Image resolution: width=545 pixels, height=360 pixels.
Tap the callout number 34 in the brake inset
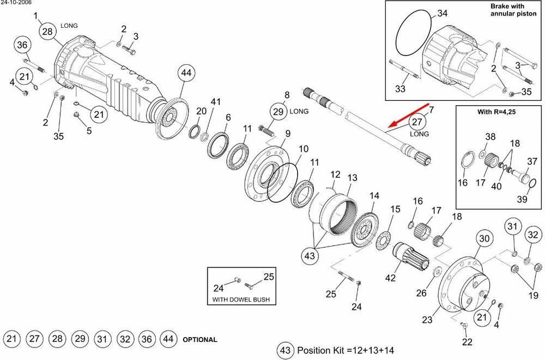tap(443, 13)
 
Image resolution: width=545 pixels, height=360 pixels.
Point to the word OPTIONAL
tap(199, 340)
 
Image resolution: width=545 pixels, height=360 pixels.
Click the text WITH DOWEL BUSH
tap(240, 299)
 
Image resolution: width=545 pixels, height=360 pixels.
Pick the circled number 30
tap(485, 238)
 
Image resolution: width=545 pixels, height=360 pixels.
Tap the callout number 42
tap(390, 278)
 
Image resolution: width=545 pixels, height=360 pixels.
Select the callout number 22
tap(467, 342)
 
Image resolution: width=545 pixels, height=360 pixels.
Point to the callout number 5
tap(89, 131)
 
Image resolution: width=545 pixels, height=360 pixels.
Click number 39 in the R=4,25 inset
tap(522, 200)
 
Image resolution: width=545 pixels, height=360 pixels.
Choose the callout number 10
tap(304, 148)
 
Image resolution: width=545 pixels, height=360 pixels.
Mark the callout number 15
tap(395, 209)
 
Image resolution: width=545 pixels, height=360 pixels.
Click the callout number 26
tap(421, 293)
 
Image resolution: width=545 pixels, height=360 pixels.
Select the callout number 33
tap(401, 88)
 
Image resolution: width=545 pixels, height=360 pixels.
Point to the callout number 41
tap(216, 102)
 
